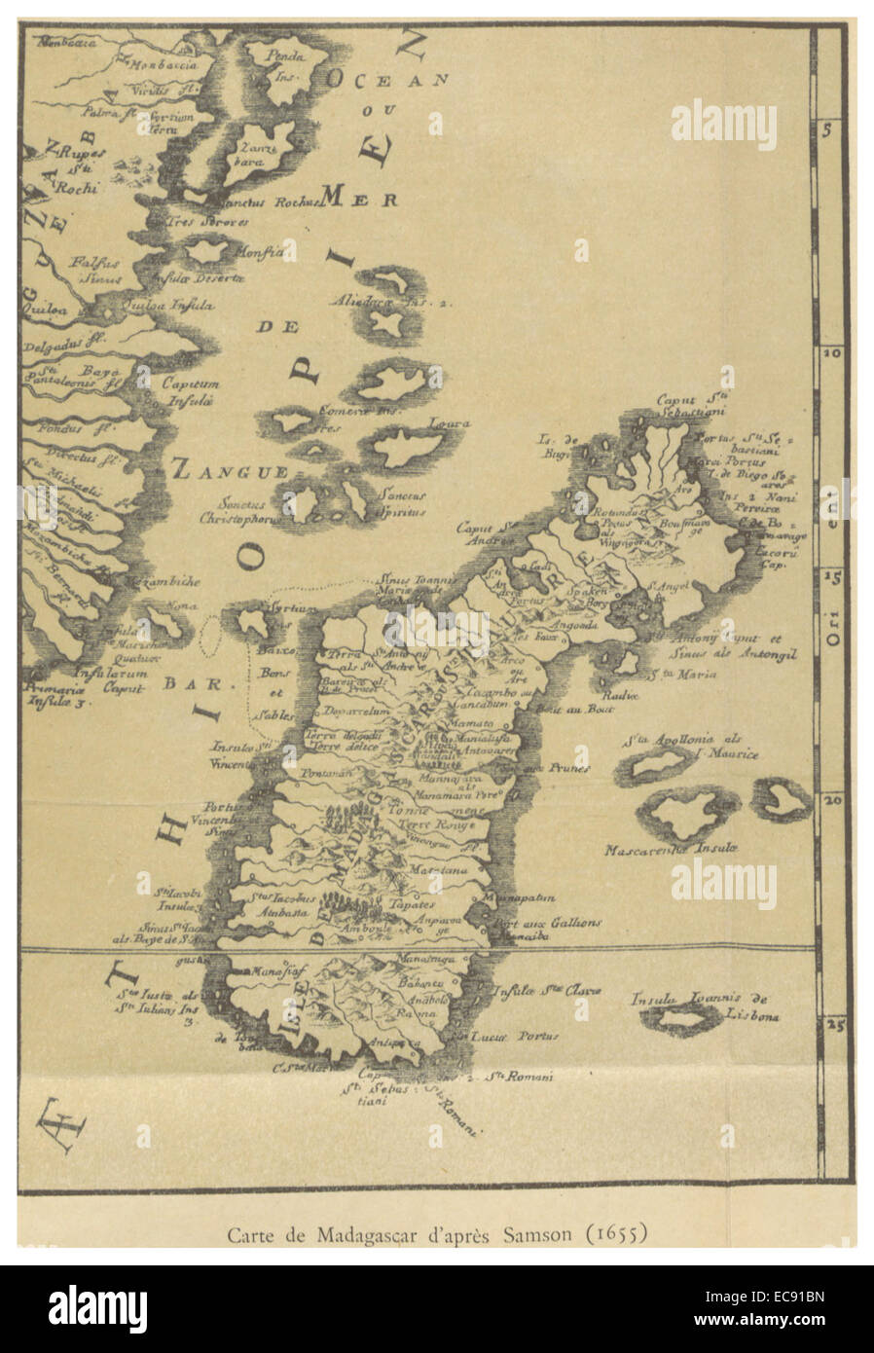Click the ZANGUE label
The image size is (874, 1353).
tap(230, 471)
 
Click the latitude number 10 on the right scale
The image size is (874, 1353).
tap(832, 354)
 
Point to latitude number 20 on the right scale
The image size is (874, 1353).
tap(832, 800)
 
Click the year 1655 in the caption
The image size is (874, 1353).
tap(610, 1235)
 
